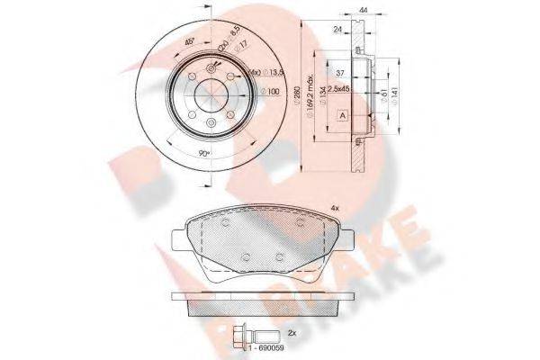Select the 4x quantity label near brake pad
335,209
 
